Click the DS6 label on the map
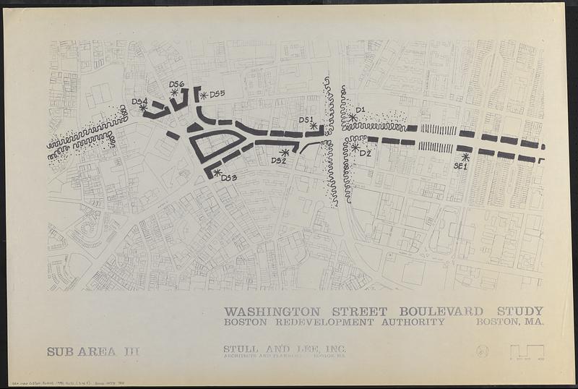[x=177, y=85]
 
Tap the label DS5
[x=217, y=94]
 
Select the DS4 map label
[x=139, y=101]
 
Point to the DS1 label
[x=306, y=119]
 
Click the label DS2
[x=279, y=161]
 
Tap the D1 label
[x=361, y=110]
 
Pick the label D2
[x=365, y=153]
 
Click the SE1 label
[x=460, y=166]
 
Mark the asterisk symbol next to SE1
[x=465, y=156]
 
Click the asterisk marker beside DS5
[x=204, y=95]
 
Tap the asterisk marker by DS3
[x=217, y=172]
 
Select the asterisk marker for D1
[x=353, y=117]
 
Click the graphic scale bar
[x=527, y=352]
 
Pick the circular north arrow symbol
[x=483, y=351]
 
